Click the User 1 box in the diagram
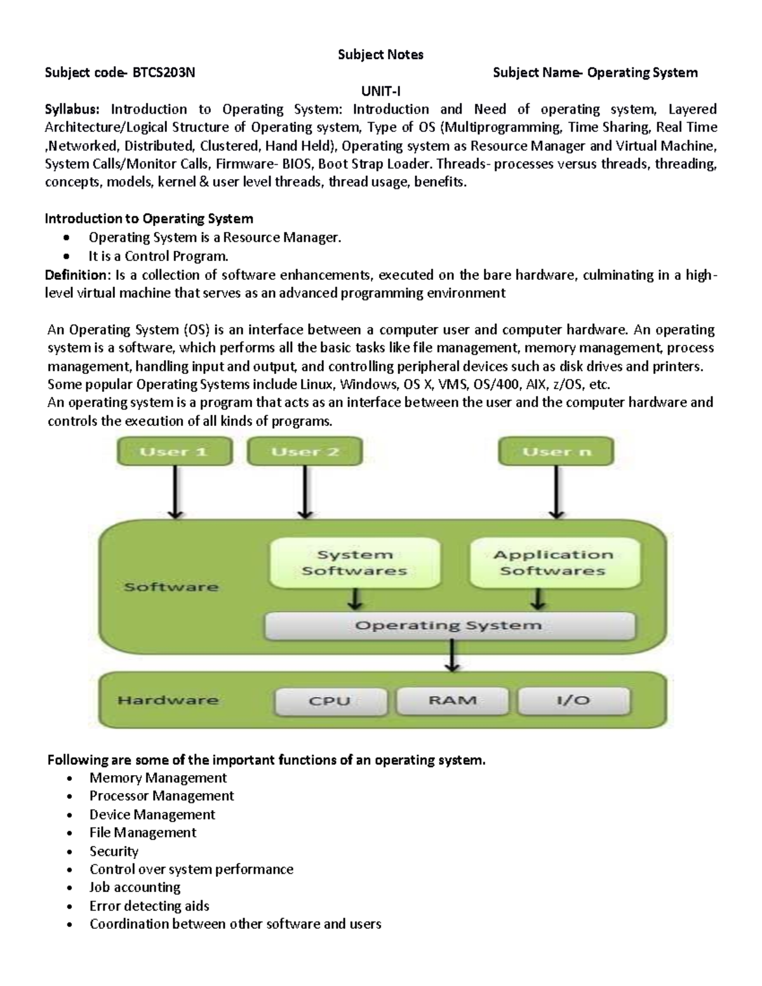point(174,452)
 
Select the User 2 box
point(305,452)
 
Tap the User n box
point(556,452)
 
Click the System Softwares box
point(354,563)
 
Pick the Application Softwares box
point(553,563)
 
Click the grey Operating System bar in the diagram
point(449,625)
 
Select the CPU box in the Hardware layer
point(330,701)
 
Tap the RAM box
point(452,700)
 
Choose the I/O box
point(573,700)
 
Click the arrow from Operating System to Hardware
point(451,655)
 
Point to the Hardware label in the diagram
point(168,700)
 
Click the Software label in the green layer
point(171,587)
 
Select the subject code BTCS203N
point(163,72)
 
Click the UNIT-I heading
point(380,91)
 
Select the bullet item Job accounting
point(135,887)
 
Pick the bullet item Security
point(114,851)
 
